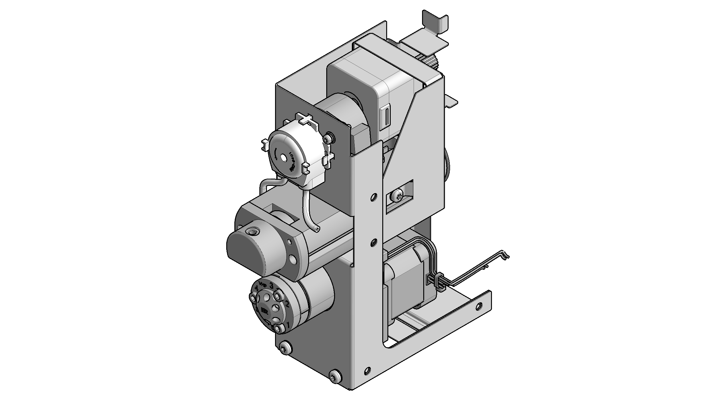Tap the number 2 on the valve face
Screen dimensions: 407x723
pos(287,304)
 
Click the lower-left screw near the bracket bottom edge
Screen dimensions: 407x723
pos(285,349)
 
